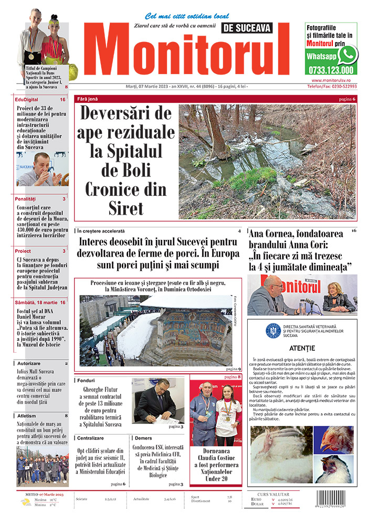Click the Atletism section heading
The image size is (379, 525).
(26, 416)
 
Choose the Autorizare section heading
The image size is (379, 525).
(29, 363)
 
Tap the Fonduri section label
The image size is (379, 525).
(85, 380)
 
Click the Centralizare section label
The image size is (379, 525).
(90, 438)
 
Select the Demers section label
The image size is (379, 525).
(143, 438)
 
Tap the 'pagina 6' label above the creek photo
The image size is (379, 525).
(346, 99)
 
